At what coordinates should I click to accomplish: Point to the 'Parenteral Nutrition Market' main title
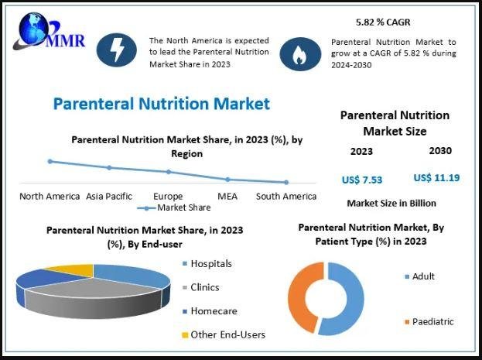coord(161,103)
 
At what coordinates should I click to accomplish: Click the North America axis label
coord(50,196)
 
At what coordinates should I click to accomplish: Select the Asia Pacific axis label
coord(109,196)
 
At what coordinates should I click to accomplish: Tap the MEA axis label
coord(227,196)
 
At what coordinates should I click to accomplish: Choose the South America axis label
coord(286,196)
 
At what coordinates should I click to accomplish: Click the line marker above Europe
coord(169,172)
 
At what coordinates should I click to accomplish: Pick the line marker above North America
coord(50,161)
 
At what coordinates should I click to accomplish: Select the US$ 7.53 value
coord(361,180)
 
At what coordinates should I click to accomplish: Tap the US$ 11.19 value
coord(436,178)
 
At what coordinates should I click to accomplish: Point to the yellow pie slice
coord(70,270)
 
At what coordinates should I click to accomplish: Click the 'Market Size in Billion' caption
coord(391,203)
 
